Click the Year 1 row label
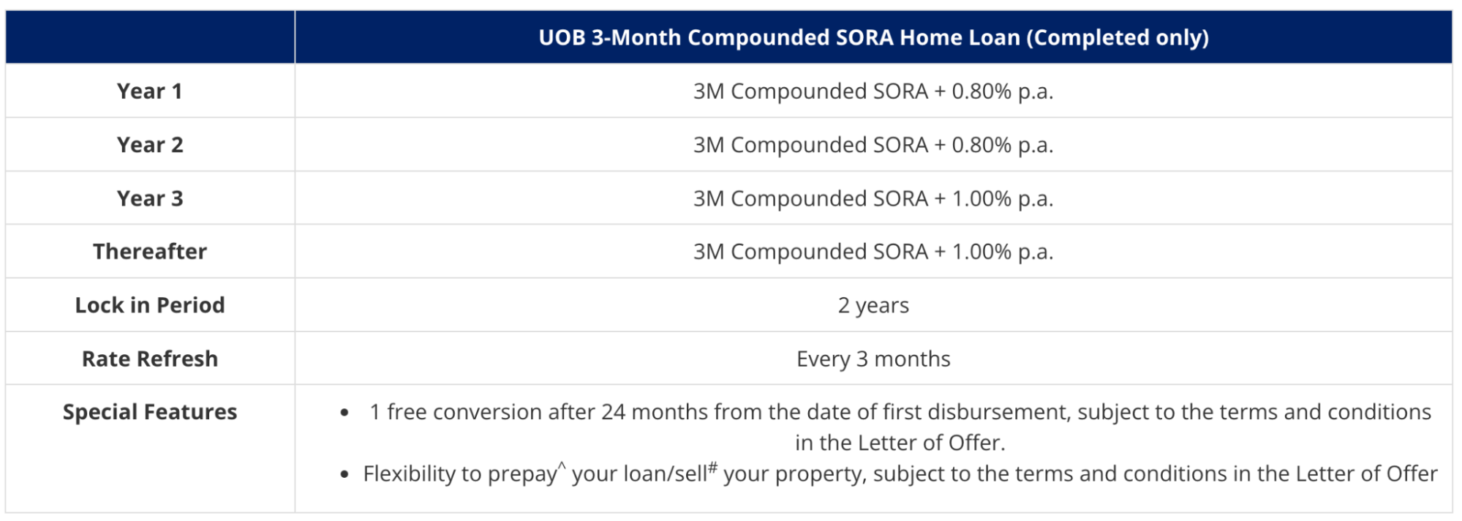point(149,91)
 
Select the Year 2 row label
point(149,145)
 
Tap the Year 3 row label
point(149,198)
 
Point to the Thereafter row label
point(149,252)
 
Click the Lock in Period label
point(149,305)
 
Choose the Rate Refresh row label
point(149,359)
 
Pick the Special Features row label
point(149,412)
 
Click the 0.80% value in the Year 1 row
point(981,91)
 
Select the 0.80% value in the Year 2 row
point(981,145)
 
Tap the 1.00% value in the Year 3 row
point(981,198)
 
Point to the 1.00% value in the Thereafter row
point(981,252)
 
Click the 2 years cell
point(873,305)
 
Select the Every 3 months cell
point(873,359)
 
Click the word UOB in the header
point(562,37)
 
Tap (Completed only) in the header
point(1118,37)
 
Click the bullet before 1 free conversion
point(344,413)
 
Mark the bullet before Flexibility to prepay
point(344,475)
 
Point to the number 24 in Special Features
point(613,412)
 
